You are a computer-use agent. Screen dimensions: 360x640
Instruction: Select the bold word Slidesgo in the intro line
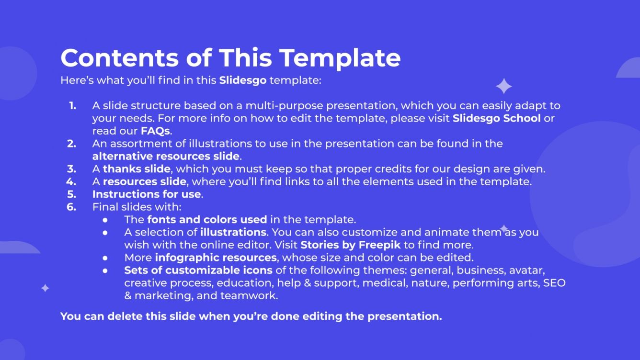242,80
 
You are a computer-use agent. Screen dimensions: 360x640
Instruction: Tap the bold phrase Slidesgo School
496,118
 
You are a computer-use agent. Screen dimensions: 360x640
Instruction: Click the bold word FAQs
155,130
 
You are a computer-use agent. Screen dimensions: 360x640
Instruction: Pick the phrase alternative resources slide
165,156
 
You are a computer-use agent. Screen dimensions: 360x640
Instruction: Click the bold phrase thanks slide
137,169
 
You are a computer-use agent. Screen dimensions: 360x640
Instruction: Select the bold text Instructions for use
147,194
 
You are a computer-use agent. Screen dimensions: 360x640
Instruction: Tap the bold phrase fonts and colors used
207,220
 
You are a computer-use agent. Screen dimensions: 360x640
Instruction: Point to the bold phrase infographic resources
216,258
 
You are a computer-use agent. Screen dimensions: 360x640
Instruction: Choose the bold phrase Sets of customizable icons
198,270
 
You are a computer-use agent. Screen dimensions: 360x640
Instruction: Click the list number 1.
72,105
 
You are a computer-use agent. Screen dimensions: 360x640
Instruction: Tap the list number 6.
72,207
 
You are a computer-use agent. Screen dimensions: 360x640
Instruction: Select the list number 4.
71,182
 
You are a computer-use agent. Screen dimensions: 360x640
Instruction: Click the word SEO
554,283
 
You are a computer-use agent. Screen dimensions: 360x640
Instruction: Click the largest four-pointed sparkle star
503,86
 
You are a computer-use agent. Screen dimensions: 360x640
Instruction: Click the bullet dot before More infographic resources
105,258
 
